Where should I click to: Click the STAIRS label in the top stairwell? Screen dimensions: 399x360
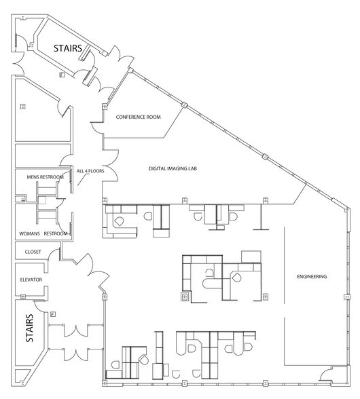point(69,48)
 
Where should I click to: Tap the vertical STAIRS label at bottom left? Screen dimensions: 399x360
point(30,329)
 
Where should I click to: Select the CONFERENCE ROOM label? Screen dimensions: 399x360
point(138,117)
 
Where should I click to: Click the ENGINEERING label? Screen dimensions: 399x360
point(312,277)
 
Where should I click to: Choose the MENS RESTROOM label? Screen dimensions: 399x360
point(45,177)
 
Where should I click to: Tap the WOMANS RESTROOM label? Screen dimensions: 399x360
point(46,233)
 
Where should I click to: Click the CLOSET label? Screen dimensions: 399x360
point(33,252)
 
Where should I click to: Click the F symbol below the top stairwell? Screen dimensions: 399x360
point(61,74)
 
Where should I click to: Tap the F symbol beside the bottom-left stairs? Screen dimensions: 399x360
point(52,313)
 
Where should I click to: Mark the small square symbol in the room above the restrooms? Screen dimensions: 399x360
point(22,107)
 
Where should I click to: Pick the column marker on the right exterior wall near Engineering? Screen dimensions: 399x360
point(346,297)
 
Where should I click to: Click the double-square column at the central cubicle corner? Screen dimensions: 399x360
point(183,296)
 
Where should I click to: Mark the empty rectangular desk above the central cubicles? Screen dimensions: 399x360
point(251,254)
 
